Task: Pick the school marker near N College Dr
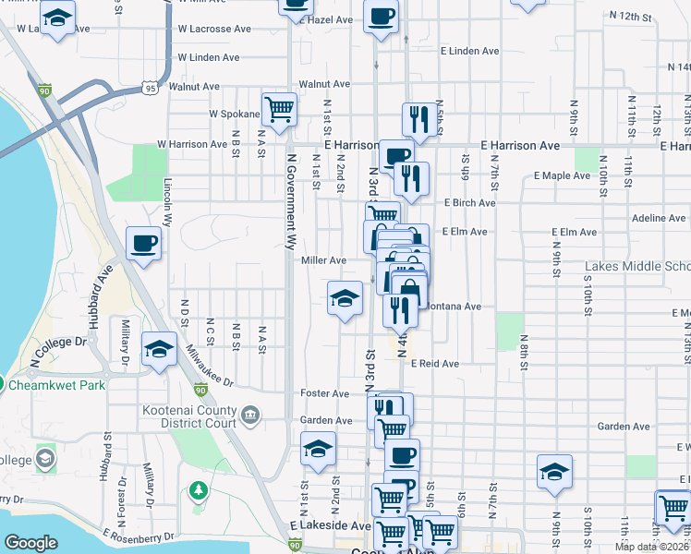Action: pos(159,351)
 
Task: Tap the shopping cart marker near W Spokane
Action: pos(279,110)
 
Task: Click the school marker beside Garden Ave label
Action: pos(319,450)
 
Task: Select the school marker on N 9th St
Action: pos(554,472)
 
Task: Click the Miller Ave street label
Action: pos(323,261)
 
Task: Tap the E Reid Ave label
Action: pos(435,364)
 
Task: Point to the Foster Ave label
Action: pos(324,393)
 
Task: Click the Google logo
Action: pos(30,543)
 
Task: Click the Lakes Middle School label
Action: pos(637,268)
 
